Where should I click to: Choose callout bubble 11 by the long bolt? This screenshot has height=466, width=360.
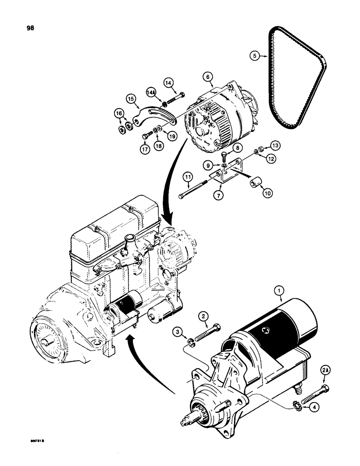click(x=187, y=178)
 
